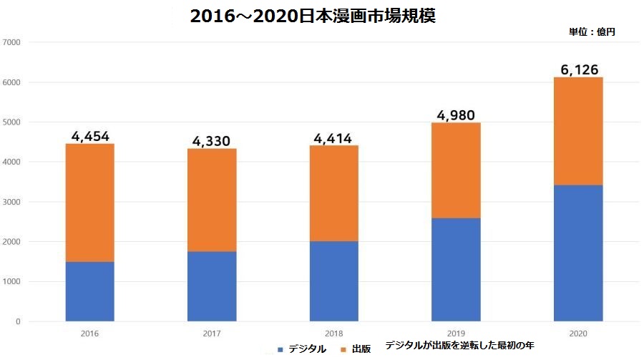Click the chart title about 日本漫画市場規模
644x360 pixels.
point(313,16)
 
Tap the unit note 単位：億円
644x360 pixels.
point(592,31)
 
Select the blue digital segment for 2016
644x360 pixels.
point(90,291)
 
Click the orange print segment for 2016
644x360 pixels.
point(90,203)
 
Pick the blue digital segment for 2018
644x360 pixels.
point(334,281)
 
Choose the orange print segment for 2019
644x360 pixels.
point(456,170)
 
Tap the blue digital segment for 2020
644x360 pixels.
point(578,253)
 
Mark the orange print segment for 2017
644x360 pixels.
point(212,200)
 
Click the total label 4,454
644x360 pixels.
point(90,136)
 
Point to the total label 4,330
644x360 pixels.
point(212,140)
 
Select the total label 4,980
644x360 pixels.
point(456,115)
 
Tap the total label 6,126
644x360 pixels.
point(578,69)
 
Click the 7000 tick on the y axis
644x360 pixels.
point(14,42)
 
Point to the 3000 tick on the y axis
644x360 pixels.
point(14,202)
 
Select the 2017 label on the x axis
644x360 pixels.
point(212,334)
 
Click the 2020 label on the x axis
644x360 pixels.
point(578,334)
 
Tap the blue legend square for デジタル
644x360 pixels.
point(280,349)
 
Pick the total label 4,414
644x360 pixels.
point(334,137)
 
